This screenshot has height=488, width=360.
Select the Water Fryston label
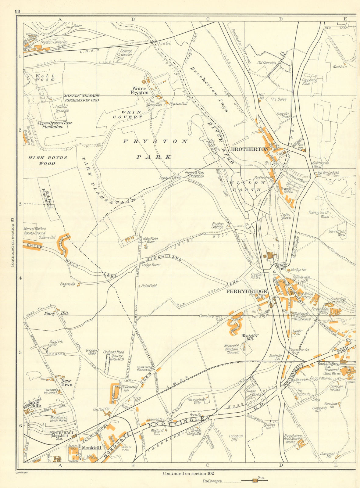point(140,90)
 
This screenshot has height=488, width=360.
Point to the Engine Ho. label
point(68,284)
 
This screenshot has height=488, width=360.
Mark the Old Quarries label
point(266,63)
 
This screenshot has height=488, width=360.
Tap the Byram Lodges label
point(328,172)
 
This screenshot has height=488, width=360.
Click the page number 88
point(17,11)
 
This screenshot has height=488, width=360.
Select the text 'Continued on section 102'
point(188,474)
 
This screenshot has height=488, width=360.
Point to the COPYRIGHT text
point(21,473)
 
